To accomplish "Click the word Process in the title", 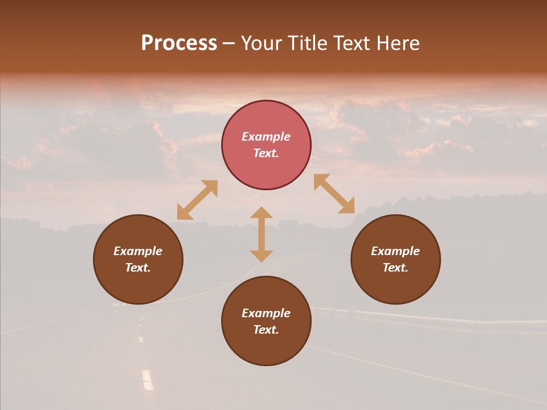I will click(179, 43).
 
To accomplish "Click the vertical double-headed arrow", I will click(262, 234).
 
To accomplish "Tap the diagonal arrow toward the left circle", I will click(197, 200).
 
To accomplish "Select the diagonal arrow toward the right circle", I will click(334, 194).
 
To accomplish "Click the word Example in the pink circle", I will click(266, 137).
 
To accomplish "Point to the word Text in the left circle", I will click(138, 268).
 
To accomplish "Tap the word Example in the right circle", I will click(395, 251).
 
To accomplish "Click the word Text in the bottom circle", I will click(266, 330).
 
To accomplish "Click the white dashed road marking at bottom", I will click(148, 379).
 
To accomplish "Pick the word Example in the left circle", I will click(138, 251).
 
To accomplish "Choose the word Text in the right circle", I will click(395, 268).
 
